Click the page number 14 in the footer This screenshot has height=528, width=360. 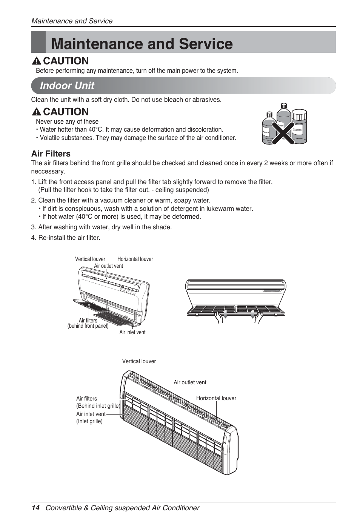click(x=35, y=508)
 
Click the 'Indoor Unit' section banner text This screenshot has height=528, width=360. click(x=67, y=86)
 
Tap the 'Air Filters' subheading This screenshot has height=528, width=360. click(x=51, y=153)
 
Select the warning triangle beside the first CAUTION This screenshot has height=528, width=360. click(x=37, y=61)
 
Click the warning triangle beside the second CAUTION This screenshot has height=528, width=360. click(x=37, y=112)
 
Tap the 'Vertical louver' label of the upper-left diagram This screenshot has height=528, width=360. click(x=90, y=259)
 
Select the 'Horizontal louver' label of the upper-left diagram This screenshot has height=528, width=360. click(x=135, y=259)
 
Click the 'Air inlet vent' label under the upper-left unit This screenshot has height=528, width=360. click(x=132, y=332)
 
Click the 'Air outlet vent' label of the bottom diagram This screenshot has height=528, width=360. click(x=190, y=382)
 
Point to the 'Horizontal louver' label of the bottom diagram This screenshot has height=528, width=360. click(x=216, y=398)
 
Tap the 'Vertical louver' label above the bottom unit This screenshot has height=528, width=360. click(x=139, y=361)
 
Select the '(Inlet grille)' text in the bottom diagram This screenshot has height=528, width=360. click(x=89, y=421)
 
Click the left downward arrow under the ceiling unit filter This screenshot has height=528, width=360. click(x=225, y=315)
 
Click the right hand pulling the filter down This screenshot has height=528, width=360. click(x=258, y=317)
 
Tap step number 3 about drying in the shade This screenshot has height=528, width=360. click(x=33, y=227)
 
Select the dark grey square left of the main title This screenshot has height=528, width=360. click(x=38, y=42)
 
